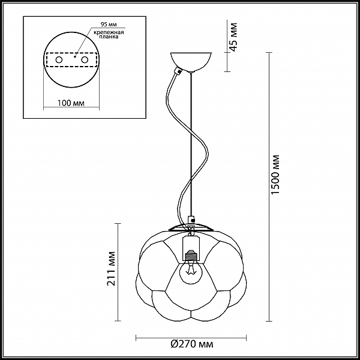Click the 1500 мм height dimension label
pyautogui.click(x=275, y=175)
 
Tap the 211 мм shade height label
pyautogui.click(x=112, y=269)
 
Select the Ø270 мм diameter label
pyautogui.click(x=192, y=344)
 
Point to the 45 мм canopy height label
pyautogui.click(x=233, y=37)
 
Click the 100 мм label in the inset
pyautogui.click(x=71, y=103)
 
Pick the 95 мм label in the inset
pyautogui.click(x=109, y=25)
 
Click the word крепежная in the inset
pyautogui.click(x=109, y=32)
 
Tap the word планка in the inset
pyautogui.click(x=109, y=37)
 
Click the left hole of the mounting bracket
pyautogui.click(x=59, y=60)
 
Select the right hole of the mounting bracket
pyautogui.click(x=85, y=60)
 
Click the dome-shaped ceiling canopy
pyautogui.click(x=191, y=62)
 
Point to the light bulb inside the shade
pyautogui.click(x=191, y=272)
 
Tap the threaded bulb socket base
pyautogui.click(x=191, y=256)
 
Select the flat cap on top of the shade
pyautogui.click(x=191, y=227)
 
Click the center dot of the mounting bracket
pyautogui.click(x=75, y=56)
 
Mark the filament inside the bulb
pyautogui.click(x=191, y=269)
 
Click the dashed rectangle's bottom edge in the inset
pyautogui.click(x=71, y=67)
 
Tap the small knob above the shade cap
pyautogui.click(x=191, y=220)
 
